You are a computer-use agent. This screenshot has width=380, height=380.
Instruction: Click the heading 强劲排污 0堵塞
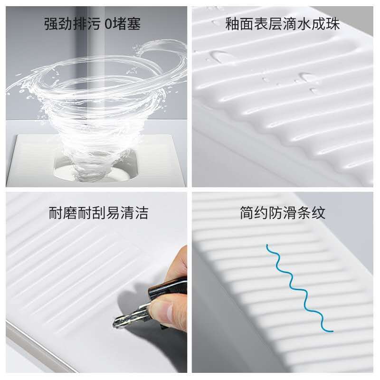[x=92, y=24]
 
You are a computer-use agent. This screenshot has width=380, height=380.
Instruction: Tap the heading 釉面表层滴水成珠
[x=283, y=24]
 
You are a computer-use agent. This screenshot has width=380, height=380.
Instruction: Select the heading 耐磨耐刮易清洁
[x=98, y=213]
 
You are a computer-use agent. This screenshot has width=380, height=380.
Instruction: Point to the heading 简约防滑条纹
[x=283, y=213]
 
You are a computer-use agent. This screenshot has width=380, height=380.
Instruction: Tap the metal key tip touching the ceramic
[x=115, y=323]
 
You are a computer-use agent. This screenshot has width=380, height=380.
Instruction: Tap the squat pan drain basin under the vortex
[x=96, y=167]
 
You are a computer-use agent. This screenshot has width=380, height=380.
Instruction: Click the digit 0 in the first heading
[x=108, y=24]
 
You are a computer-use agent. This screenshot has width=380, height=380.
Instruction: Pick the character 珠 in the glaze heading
[x=333, y=24]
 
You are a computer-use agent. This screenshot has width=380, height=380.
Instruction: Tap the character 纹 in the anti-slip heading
[x=318, y=213]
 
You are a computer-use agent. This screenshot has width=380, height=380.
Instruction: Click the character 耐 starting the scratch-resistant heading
[x=56, y=213]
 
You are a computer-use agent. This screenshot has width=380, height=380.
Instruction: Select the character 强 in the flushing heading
[x=51, y=24]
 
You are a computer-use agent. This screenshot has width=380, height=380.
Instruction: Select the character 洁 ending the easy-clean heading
[x=141, y=213]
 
